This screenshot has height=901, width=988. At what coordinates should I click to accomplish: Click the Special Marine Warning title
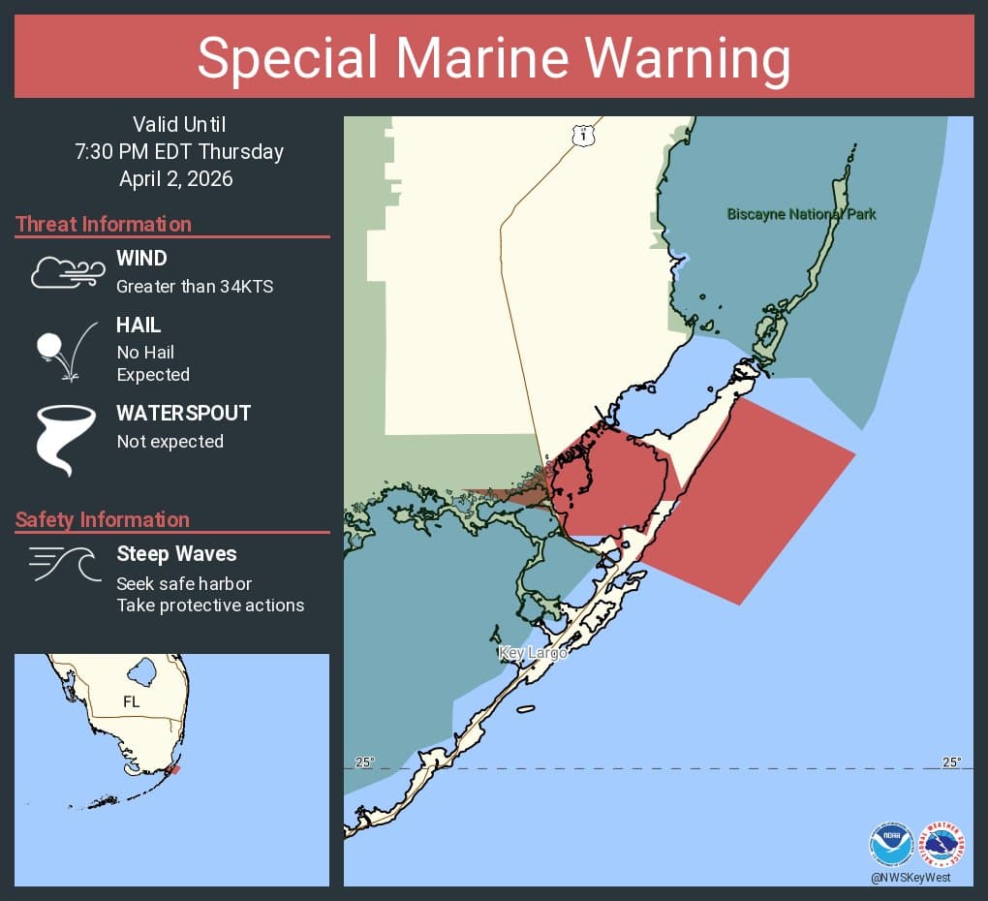pos(494,57)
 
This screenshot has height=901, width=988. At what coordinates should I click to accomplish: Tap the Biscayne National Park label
pos(801,214)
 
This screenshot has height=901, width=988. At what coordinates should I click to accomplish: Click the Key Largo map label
pos(532,653)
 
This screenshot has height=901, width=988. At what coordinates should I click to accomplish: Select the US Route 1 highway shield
pos(581,135)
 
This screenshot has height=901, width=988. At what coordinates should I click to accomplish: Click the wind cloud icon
pos(67,272)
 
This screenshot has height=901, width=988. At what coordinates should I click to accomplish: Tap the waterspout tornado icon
pos(66,439)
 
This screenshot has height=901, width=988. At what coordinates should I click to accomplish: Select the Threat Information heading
pos(103,224)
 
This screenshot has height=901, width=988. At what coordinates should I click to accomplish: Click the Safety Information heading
pos(102,519)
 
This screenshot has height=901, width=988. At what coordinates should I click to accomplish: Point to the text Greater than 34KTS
pos(194,286)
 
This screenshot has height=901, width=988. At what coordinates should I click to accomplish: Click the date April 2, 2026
pos(176,178)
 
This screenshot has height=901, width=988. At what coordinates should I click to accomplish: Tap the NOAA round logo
pos(890,844)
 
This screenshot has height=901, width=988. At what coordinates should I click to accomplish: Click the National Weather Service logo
pos(942,844)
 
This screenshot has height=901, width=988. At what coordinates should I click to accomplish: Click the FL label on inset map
pos(131,701)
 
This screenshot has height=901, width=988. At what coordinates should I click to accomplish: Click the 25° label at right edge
pos(951,762)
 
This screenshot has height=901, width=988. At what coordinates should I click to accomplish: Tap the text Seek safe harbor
pos(184,583)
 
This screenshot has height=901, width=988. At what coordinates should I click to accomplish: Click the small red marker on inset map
pos(173,770)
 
